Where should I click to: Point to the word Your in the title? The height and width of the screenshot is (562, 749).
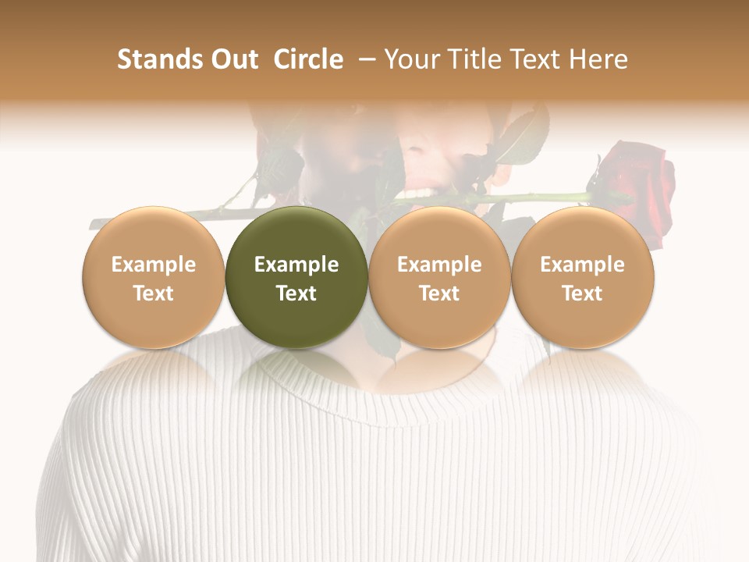(410, 59)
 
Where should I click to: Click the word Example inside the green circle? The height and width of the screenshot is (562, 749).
(296, 265)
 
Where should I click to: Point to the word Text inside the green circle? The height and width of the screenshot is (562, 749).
(296, 293)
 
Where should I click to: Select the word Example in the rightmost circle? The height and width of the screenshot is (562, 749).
(583, 265)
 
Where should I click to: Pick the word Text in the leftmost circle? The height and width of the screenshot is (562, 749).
(153, 293)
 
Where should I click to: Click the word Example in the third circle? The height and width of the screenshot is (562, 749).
(439, 265)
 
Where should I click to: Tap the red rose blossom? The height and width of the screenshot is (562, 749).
(640, 187)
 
